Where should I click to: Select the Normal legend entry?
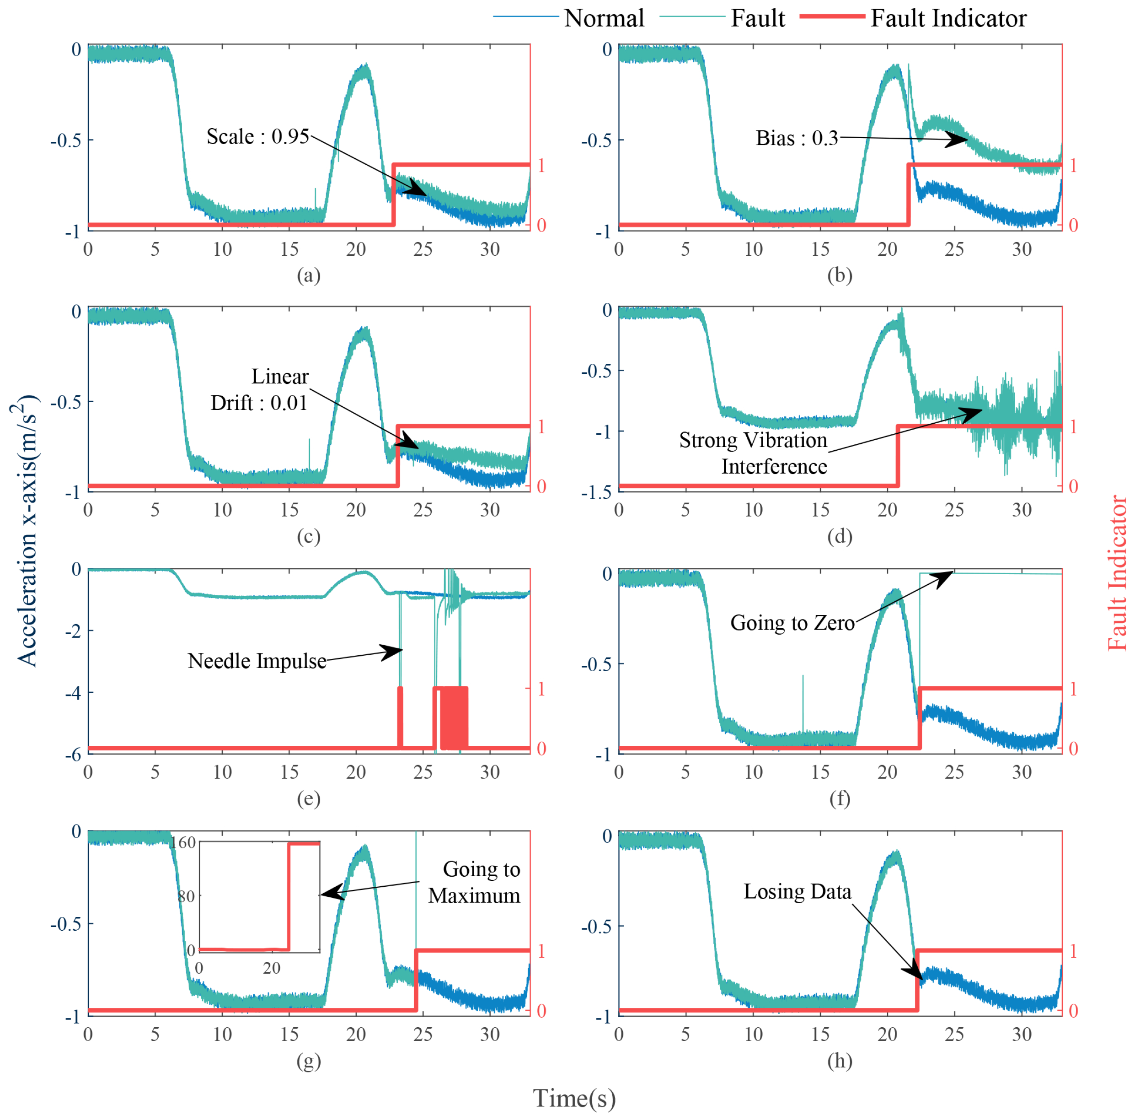point(604,18)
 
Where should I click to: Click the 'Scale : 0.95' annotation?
point(258,136)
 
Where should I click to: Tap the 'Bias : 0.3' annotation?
point(797,138)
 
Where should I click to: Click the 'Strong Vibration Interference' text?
point(753,453)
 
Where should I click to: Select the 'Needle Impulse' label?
point(257,661)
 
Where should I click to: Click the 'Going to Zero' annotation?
point(792,622)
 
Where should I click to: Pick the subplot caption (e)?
point(309,798)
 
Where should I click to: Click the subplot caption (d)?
point(840,536)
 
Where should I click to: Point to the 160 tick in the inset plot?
point(183,843)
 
